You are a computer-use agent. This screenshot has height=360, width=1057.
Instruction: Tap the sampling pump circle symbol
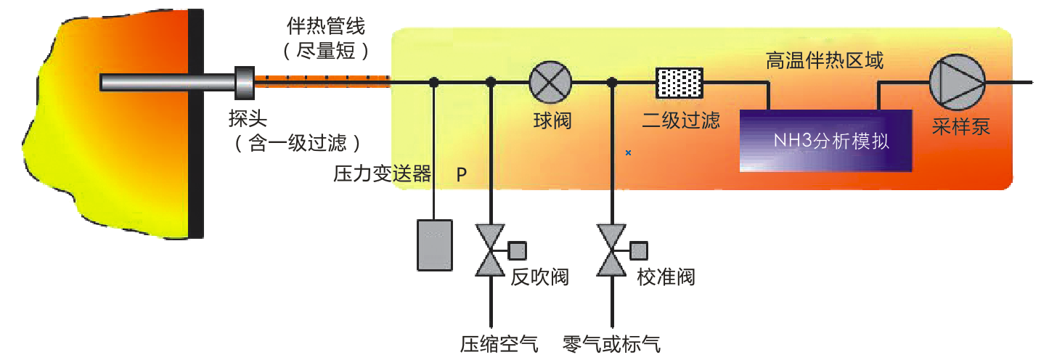(x=958, y=81)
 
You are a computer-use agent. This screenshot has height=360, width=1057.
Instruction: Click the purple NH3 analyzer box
(x=825, y=140)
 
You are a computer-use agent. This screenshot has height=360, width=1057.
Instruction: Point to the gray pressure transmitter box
(x=434, y=245)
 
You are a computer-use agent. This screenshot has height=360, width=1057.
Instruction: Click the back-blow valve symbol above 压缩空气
(x=491, y=250)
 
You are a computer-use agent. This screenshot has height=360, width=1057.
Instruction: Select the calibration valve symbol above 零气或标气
(x=612, y=250)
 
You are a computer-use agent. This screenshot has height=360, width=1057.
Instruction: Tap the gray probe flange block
(x=244, y=83)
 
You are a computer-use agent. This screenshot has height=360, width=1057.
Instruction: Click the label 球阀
(x=552, y=120)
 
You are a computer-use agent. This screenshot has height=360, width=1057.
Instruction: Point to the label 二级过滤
(x=681, y=120)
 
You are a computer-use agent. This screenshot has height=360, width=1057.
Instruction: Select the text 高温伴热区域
(x=825, y=61)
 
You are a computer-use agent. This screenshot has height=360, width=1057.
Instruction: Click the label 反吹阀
(x=539, y=277)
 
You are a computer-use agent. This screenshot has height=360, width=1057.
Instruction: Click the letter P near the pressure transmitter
(x=462, y=175)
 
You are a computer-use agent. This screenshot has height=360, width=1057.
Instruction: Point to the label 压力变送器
(x=382, y=174)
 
